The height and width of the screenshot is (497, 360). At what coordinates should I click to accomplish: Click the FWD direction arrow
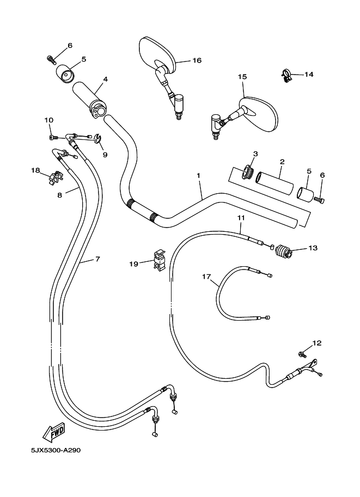click(x=54, y=433)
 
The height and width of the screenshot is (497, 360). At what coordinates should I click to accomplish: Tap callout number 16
click(x=197, y=60)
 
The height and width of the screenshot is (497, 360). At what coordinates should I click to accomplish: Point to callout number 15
click(x=242, y=77)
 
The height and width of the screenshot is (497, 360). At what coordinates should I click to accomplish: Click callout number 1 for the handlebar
click(x=199, y=176)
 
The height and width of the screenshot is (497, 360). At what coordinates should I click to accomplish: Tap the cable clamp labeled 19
click(x=159, y=260)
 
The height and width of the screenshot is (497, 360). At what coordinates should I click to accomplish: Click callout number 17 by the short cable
click(x=206, y=277)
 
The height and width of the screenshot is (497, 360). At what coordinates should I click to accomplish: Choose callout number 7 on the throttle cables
click(x=97, y=259)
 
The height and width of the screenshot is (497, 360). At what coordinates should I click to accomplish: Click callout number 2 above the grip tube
click(x=282, y=162)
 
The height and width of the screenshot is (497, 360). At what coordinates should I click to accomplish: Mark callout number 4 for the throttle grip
click(x=105, y=79)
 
